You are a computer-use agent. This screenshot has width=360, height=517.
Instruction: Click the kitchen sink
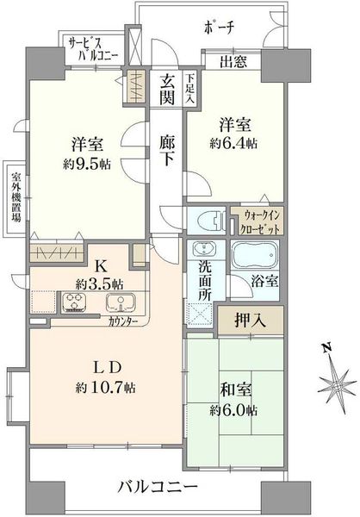[121, 302]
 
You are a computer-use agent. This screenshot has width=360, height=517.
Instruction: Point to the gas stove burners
[74, 302]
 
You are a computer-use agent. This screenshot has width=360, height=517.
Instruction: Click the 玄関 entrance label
[167, 90]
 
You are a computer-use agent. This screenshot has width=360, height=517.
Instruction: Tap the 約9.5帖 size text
[87, 164]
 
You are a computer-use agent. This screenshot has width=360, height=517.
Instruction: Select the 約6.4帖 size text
[233, 143]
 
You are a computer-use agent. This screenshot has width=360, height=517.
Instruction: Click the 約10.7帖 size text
[105, 387]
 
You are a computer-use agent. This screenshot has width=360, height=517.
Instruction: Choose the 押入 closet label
[251, 320]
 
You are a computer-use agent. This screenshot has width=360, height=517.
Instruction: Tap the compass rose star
[337, 385]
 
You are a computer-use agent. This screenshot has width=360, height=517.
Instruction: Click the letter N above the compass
[326, 348]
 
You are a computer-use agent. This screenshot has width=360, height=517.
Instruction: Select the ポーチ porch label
[219, 27]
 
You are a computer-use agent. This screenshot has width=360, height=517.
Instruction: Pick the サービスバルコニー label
[92, 49]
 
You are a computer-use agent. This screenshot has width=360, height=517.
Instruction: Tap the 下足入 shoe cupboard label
[189, 89]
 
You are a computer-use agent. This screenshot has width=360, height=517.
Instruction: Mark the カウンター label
[122, 321]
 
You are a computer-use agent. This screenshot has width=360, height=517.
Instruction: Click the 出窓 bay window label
[233, 61]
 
